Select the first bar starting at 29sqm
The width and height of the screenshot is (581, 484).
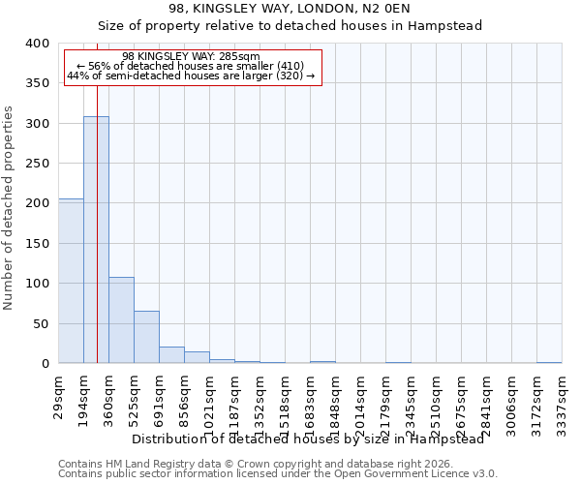tap(71, 281)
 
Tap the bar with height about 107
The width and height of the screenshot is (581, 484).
tap(121, 320)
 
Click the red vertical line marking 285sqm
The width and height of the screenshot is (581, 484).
tap(98, 194)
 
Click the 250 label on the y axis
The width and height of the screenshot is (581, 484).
tap(38, 164)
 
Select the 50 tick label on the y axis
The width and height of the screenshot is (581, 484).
tap(42, 323)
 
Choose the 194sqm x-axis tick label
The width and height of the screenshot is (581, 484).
tap(84, 396)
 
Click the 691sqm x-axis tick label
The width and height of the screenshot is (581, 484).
tap(160, 396)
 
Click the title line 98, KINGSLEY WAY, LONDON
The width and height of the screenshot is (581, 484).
tap(290, 9)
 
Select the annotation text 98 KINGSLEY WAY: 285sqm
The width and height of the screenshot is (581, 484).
tap(192, 56)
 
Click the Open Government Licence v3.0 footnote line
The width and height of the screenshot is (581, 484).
tap(278, 473)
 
